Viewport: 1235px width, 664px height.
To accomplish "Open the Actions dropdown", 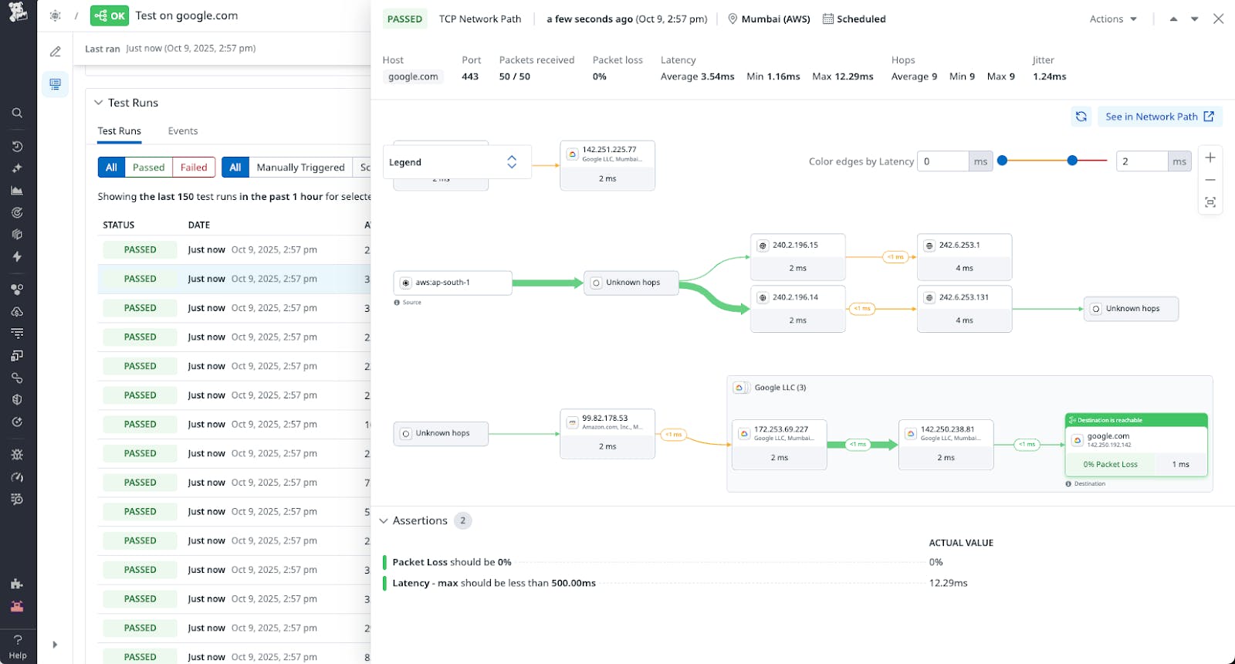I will pos(1113,19).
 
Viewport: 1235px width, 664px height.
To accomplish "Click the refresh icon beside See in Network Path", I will pos(1081,117).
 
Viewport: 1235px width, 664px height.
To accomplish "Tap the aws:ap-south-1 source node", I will pos(452,283).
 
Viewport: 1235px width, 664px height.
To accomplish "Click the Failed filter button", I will pos(194,168).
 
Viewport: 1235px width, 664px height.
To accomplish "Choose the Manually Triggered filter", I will pos(300,168).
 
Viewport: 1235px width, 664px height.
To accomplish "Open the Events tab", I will pos(183,131).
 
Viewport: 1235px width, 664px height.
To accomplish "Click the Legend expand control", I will pos(511,162).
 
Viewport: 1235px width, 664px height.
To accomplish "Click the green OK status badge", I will pos(110,15).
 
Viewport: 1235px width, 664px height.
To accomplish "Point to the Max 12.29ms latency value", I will pos(843,76).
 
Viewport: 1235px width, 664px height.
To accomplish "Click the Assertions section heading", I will pos(419,521).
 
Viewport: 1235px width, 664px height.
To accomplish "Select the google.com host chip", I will pos(413,76).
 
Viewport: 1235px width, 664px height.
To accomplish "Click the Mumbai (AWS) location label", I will pos(775,19).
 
